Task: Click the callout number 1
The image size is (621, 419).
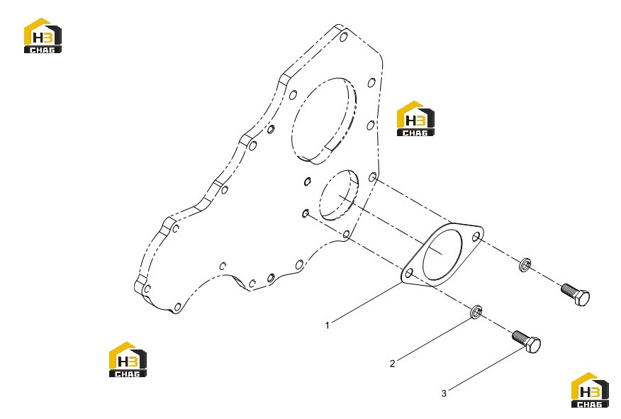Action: point(327,325)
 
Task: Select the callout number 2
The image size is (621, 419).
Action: point(393,364)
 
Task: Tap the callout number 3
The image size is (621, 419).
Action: point(444,393)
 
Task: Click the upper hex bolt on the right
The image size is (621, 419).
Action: point(576,294)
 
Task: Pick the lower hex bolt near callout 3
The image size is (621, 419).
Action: point(526,342)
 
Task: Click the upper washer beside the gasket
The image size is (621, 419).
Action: point(525,264)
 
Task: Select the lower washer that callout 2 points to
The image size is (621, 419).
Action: point(476,312)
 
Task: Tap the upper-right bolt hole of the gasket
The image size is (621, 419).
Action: point(476,237)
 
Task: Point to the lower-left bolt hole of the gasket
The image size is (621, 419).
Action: point(409,273)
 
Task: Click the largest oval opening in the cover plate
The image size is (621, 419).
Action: point(324,121)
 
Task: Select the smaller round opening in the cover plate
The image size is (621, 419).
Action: point(339,195)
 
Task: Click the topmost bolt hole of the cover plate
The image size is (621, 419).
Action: point(344,38)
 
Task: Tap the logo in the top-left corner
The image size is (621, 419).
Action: point(43,35)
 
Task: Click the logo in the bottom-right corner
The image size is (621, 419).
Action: point(590,390)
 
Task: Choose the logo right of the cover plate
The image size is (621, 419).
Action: point(415,119)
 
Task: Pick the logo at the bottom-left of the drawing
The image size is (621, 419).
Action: point(128,359)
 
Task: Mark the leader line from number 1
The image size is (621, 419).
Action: point(367,302)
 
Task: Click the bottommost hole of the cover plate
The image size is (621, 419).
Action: point(178,307)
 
